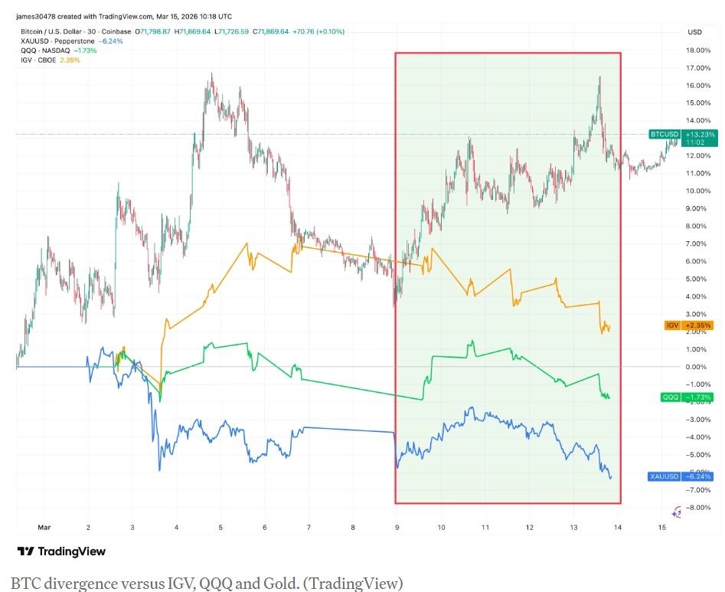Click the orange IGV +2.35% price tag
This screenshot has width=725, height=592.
tap(690, 325)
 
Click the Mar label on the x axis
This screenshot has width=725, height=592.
tap(44, 528)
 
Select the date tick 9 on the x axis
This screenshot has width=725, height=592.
tap(397, 528)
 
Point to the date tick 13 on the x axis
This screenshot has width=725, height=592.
tap(573, 528)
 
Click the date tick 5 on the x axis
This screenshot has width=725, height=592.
tap(220, 528)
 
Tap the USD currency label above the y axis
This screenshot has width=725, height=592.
tap(695, 32)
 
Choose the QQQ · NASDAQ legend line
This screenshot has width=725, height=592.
tap(45, 50)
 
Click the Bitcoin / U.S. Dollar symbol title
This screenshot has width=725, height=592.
tap(49, 31)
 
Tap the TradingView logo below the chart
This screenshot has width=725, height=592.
tap(61, 551)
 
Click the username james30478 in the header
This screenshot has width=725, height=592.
tap(34, 16)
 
